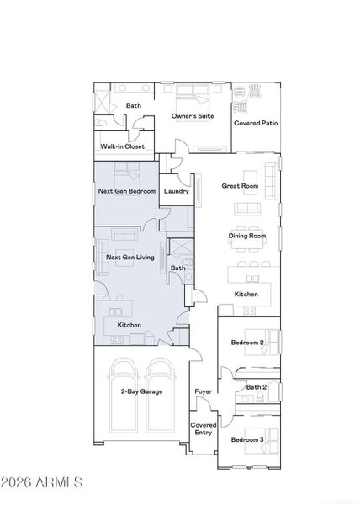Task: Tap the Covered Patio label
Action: click(256, 123)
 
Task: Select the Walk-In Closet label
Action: click(122, 146)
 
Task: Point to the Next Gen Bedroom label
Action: click(127, 191)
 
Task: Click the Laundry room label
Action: click(177, 191)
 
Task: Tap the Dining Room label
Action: click(247, 237)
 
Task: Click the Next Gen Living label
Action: click(130, 257)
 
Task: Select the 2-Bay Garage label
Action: click(141, 391)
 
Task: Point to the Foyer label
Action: click(203, 391)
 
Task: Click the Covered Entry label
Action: click(203, 429)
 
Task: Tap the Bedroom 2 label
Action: click(247, 343)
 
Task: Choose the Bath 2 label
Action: click(256, 386)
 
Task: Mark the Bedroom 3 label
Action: click(247, 440)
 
